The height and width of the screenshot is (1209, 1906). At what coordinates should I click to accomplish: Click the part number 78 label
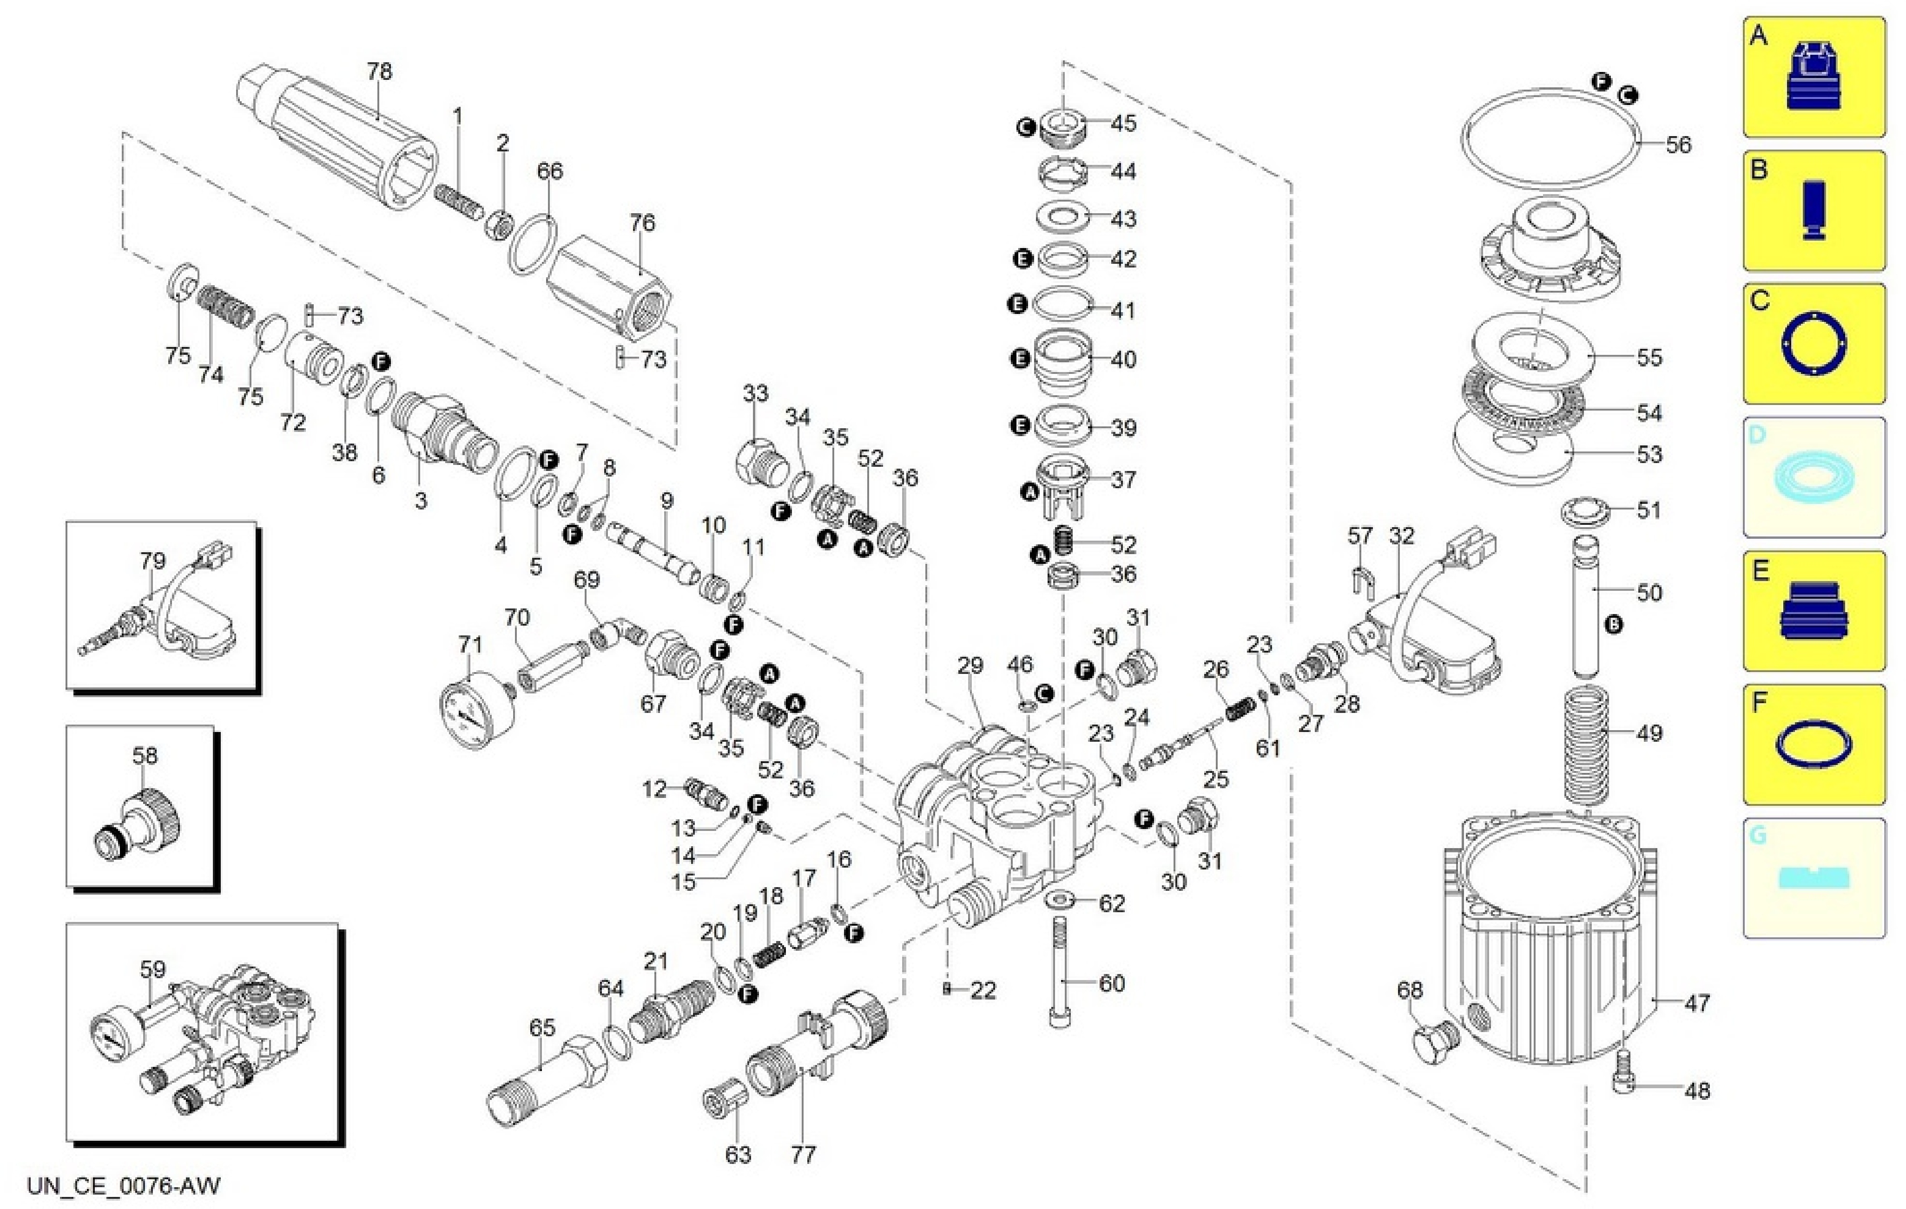pyautogui.click(x=379, y=71)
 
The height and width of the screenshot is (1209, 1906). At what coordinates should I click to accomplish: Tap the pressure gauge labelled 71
pyautogui.click(x=476, y=710)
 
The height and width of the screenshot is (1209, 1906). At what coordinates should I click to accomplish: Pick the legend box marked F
pyautogui.click(x=1814, y=744)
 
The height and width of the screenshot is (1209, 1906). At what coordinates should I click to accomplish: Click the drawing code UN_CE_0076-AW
pyautogui.click(x=124, y=1185)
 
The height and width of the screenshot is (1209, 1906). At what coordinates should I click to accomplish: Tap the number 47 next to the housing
pyautogui.click(x=1697, y=1003)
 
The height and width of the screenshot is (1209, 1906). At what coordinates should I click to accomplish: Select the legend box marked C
pyautogui.click(x=1814, y=344)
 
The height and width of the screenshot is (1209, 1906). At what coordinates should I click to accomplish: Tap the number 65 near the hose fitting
pyautogui.click(x=542, y=1028)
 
